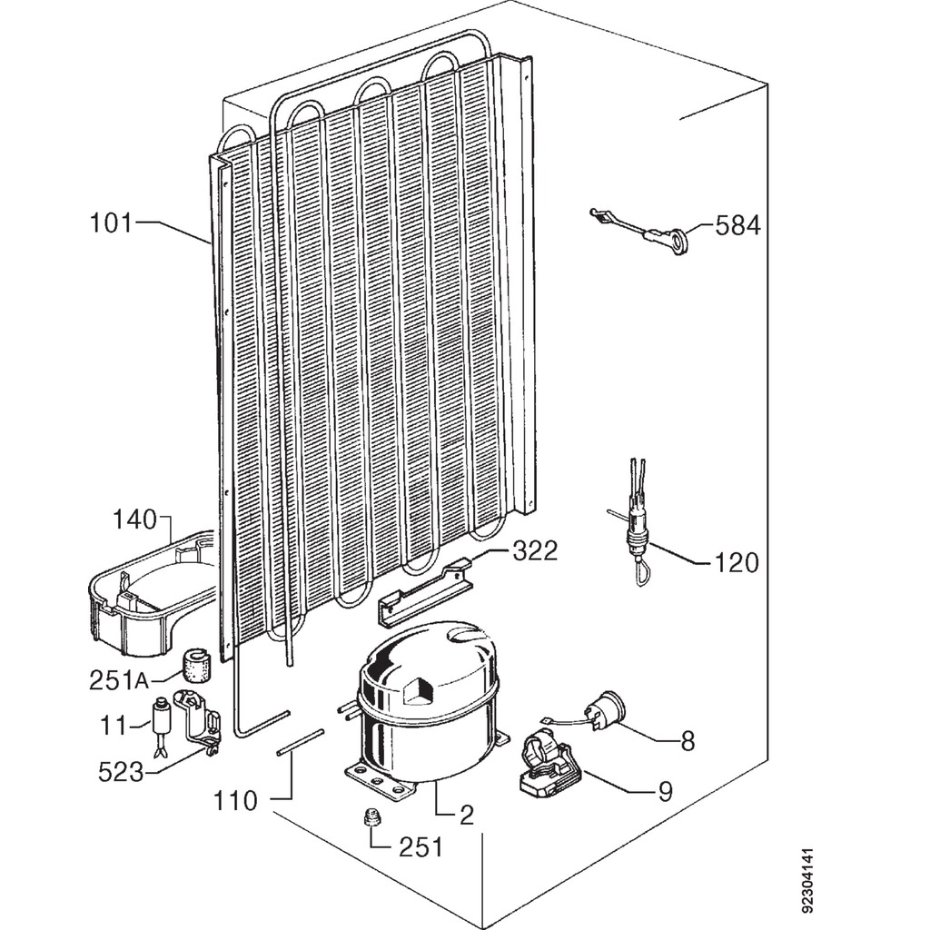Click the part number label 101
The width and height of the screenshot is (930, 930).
(110, 223)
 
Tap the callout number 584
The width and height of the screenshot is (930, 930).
(737, 226)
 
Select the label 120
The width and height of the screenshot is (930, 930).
(736, 562)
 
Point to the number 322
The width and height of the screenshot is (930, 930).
(535, 551)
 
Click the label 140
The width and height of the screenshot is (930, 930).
(135, 519)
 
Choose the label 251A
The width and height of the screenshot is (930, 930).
(119, 680)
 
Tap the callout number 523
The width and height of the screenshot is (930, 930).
(121, 772)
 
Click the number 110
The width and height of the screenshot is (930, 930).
(235, 801)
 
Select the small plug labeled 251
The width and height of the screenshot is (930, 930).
(371, 817)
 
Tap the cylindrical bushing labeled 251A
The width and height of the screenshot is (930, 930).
(197, 664)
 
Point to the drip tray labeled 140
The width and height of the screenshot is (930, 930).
(152, 594)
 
